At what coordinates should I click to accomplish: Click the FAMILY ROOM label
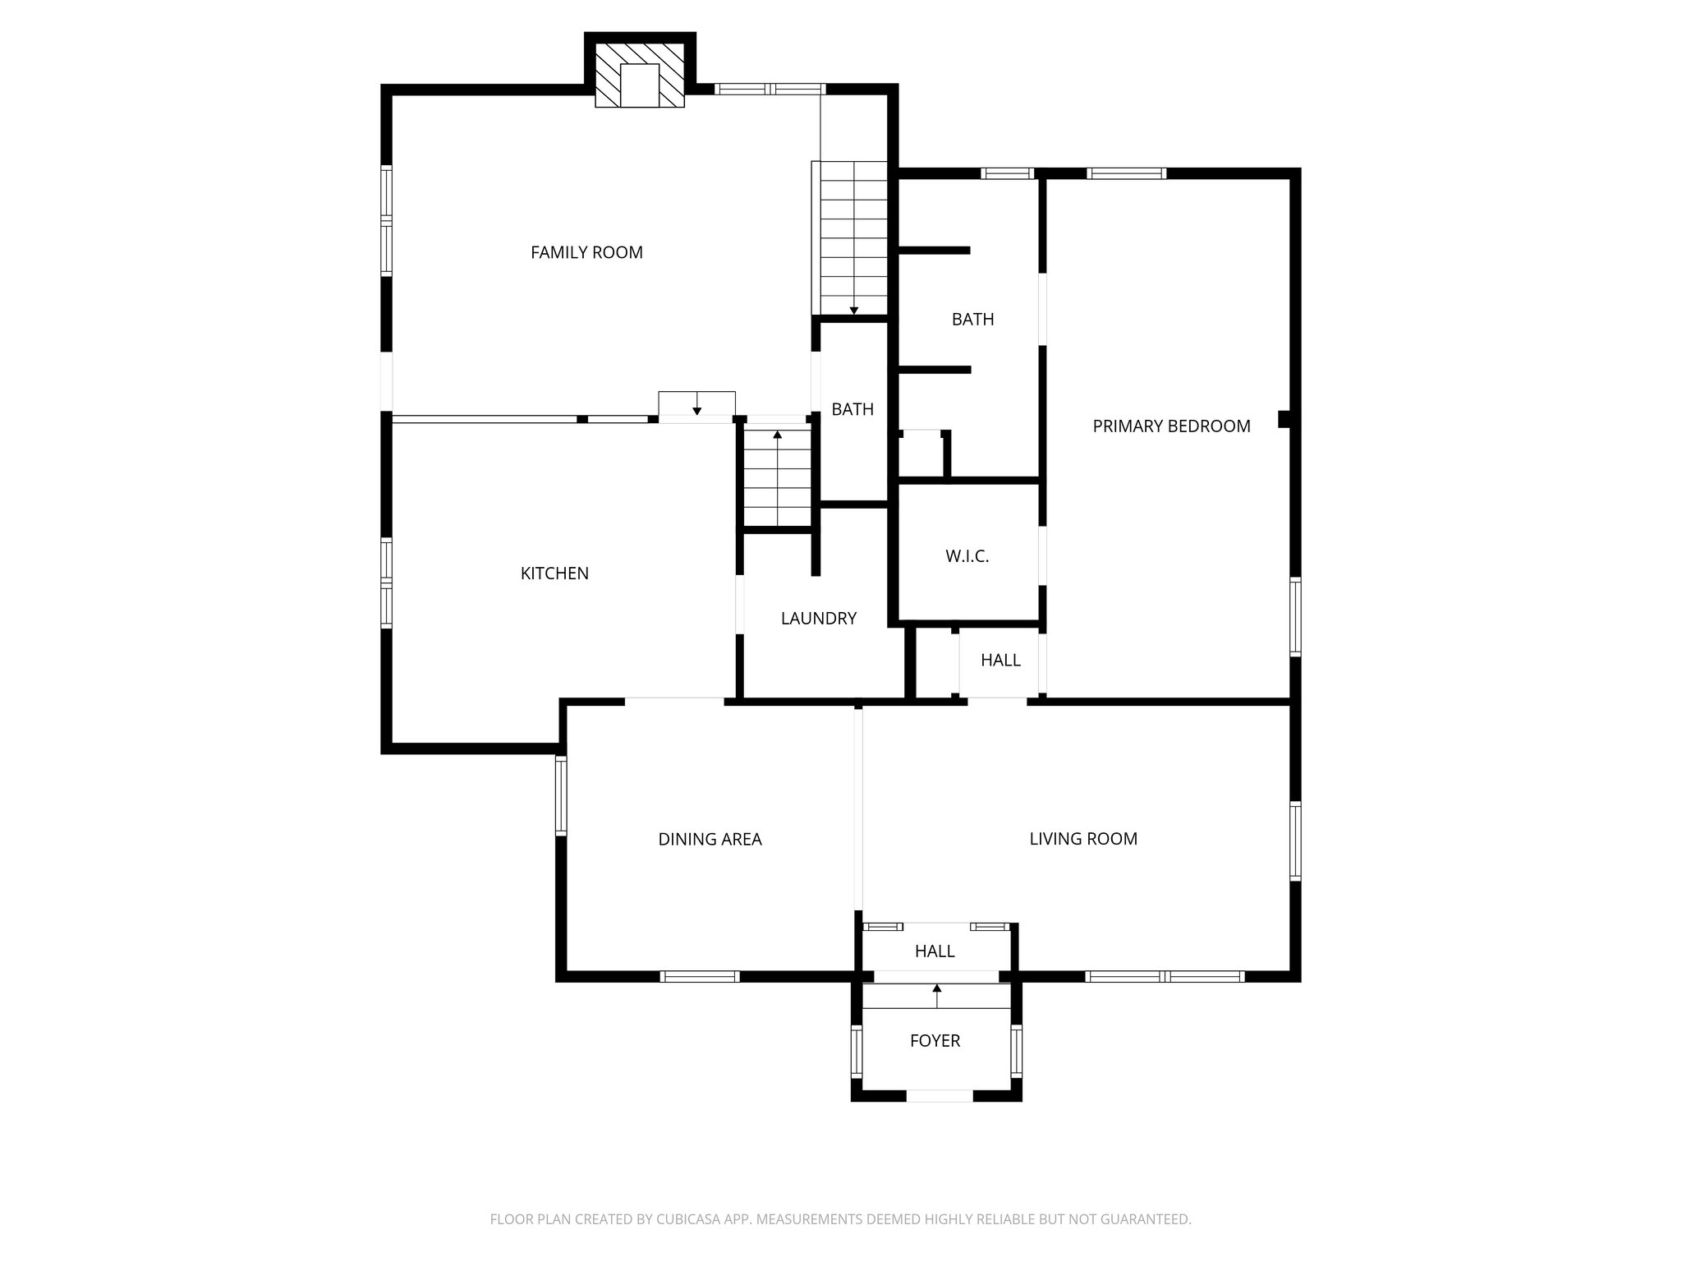586,253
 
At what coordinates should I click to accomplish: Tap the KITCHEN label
554,573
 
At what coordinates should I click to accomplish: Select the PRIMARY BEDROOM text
1171,426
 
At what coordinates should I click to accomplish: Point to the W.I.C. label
967,556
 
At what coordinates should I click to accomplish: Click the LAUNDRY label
818,619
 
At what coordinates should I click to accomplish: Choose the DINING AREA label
710,840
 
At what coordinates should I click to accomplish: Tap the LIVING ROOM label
1082,839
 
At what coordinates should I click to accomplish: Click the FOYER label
935,1041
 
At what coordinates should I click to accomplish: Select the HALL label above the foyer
935,951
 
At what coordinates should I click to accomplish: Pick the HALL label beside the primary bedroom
1000,661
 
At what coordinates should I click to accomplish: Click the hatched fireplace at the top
640,76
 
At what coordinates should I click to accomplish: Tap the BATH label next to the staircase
852,409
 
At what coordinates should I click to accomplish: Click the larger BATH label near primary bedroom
972,320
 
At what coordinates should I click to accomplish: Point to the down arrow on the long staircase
854,310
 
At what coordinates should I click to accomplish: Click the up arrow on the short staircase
777,435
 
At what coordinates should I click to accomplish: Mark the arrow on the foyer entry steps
937,989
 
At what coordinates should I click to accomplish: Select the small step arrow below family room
696,408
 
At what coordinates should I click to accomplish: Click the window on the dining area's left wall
561,795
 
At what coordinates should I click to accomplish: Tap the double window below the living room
1165,976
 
